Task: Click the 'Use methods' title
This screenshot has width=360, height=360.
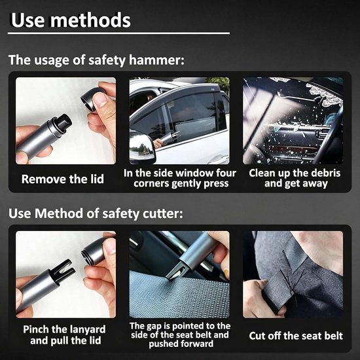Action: tap(71, 20)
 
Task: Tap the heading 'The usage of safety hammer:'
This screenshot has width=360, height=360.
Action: tap(96, 60)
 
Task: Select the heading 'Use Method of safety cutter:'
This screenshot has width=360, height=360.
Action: tap(96, 213)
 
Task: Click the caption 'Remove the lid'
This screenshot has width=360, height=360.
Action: tap(63, 179)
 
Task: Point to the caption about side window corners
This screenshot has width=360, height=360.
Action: tap(180, 179)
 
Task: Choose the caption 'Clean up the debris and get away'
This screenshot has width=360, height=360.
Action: tap(295, 179)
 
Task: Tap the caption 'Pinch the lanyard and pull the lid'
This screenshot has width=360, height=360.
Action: tap(65, 335)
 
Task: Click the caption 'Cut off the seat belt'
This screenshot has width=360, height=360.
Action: tap(296, 336)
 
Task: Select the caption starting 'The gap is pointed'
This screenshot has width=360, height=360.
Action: tap(180, 335)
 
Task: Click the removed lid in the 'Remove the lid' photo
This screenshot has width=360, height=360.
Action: tap(91, 99)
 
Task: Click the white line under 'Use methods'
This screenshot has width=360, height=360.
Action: tap(118, 33)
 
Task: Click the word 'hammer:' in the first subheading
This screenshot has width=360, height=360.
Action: tap(156, 60)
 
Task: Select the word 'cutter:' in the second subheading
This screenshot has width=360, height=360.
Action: tap(163, 213)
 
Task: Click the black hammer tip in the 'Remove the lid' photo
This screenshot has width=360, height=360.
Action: tap(62, 124)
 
